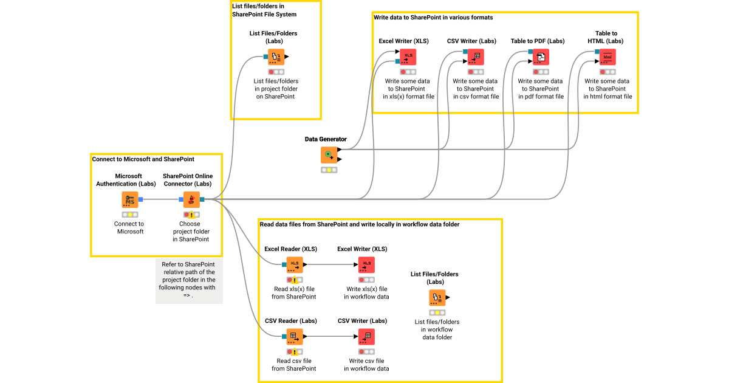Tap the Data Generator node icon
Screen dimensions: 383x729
(x=329, y=155)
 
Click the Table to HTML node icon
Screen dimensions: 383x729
(x=607, y=57)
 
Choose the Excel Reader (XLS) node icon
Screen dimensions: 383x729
(x=295, y=264)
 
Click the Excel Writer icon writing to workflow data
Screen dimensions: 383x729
(x=366, y=264)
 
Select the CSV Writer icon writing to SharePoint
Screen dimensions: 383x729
(x=475, y=57)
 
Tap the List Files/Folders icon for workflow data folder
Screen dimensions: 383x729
(x=437, y=298)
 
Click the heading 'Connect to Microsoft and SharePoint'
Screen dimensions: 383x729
(x=143, y=159)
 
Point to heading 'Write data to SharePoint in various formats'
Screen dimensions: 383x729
(x=433, y=18)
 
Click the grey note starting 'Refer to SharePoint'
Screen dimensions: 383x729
(x=189, y=280)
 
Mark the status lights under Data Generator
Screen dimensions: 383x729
(x=329, y=170)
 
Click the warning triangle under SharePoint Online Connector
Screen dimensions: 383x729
(x=191, y=215)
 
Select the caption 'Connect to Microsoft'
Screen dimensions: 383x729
(x=129, y=227)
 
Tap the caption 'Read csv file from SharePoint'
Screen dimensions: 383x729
(x=294, y=365)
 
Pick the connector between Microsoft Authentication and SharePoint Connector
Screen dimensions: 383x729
(x=161, y=199)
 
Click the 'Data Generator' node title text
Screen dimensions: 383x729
(x=326, y=139)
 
